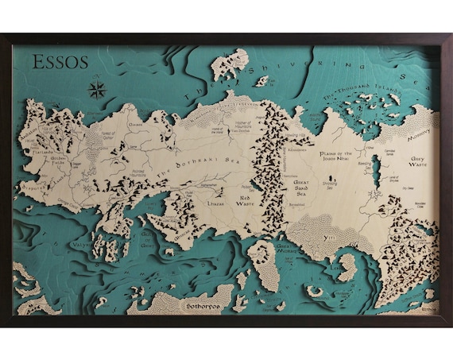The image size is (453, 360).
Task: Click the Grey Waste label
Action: (420, 162)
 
